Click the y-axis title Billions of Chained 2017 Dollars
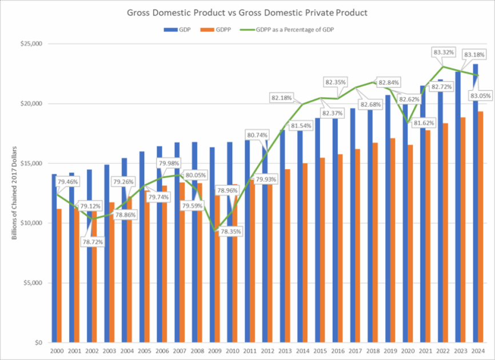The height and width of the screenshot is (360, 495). pos(15,194)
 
